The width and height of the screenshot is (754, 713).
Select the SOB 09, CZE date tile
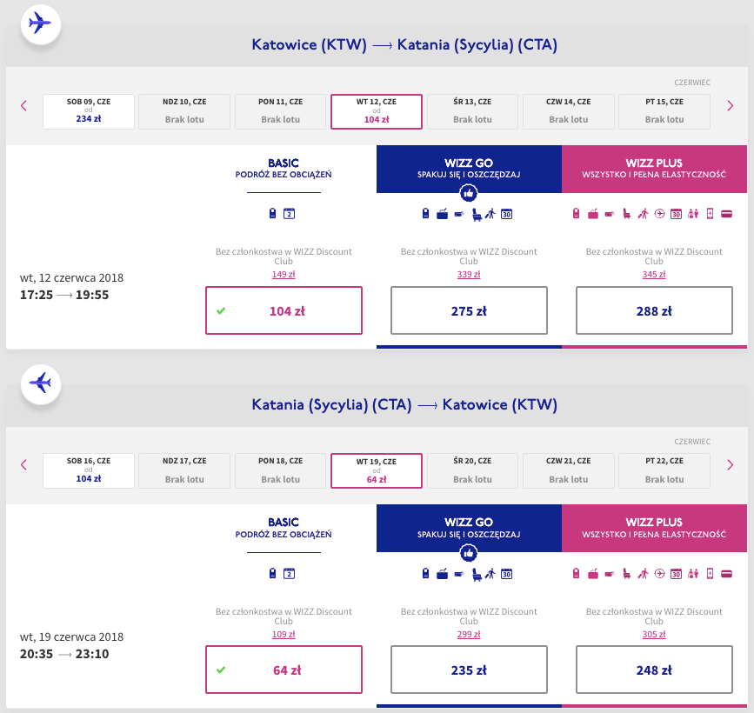tap(89, 111)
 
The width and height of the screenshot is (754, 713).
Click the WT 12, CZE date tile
tap(377, 111)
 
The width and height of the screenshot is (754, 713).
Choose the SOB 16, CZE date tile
tap(89, 470)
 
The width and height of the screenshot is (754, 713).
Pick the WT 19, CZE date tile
tap(377, 470)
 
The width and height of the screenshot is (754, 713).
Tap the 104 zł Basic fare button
tap(284, 310)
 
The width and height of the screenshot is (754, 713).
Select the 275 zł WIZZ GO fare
tap(469, 310)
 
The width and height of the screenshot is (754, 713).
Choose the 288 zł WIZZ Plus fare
tap(654, 310)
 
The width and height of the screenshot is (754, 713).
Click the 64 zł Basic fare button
tap(284, 670)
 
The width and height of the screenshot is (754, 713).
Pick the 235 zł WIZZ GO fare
tap(469, 670)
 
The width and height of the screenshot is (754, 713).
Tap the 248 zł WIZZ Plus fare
tap(654, 670)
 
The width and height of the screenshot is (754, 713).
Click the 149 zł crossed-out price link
tap(284, 275)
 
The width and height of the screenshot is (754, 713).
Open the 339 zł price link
tap(469, 275)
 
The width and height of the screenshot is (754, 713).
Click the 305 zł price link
tap(654, 635)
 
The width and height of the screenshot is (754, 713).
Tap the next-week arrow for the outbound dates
tap(730, 106)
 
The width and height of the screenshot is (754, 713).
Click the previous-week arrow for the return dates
tap(23, 465)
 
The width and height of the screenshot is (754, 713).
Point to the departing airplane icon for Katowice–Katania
tap(40, 23)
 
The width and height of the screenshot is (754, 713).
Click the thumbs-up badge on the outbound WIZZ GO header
tap(469, 194)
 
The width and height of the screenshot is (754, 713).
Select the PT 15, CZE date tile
tap(664, 111)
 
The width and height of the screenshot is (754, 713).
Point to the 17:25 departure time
tap(36, 296)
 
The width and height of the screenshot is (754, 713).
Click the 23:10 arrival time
tap(92, 655)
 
